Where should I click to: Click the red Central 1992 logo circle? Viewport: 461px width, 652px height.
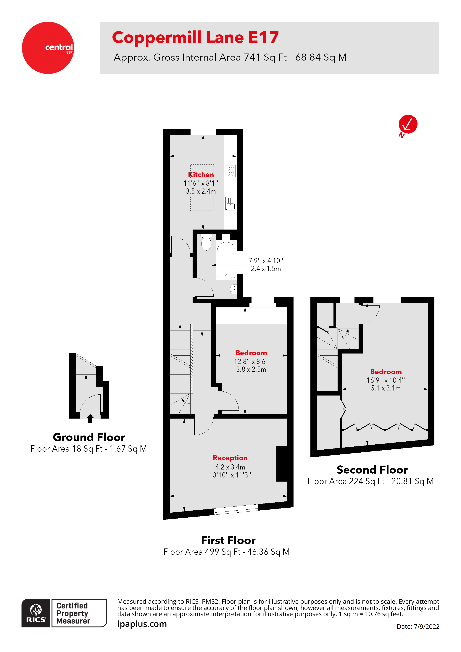point(48,48)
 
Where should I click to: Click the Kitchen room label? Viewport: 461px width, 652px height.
point(201,175)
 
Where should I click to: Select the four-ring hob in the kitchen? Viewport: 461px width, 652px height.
point(230,171)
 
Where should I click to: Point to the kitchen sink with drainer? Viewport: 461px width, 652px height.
point(230,203)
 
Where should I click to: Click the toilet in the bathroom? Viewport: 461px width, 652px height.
point(206,242)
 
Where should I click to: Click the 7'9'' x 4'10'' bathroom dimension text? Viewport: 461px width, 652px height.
point(266,261)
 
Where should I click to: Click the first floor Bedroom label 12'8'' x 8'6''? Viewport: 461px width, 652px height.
point(251,353)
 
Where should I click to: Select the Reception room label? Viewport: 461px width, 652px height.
point(230,458)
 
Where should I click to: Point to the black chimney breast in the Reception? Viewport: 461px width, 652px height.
point(282,463)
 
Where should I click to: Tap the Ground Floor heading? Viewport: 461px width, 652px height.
point(89,437)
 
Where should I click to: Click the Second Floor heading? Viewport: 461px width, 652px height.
point(372,470)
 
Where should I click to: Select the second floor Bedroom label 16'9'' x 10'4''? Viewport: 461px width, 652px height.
point(386,372)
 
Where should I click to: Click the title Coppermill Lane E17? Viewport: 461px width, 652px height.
point(195,38)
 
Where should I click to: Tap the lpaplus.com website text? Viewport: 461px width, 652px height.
point(142,624)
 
